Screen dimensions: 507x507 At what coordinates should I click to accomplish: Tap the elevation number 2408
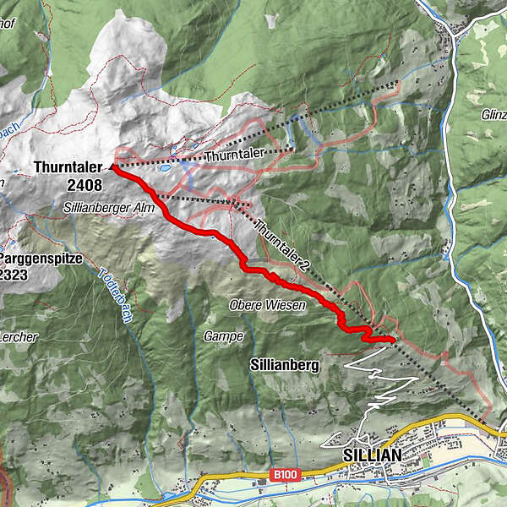point(84,185)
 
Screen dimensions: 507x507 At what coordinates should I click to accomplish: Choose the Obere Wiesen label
point(267,304)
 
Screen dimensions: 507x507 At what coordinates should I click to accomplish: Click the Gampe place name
point(223,336)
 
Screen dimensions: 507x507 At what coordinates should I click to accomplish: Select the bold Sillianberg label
point(284,366)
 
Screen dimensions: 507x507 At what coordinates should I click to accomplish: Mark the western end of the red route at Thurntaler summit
point(113,168)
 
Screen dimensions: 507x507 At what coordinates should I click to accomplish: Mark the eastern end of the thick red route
point(393,340)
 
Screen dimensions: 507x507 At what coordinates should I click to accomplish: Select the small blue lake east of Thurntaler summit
point(166,168)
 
